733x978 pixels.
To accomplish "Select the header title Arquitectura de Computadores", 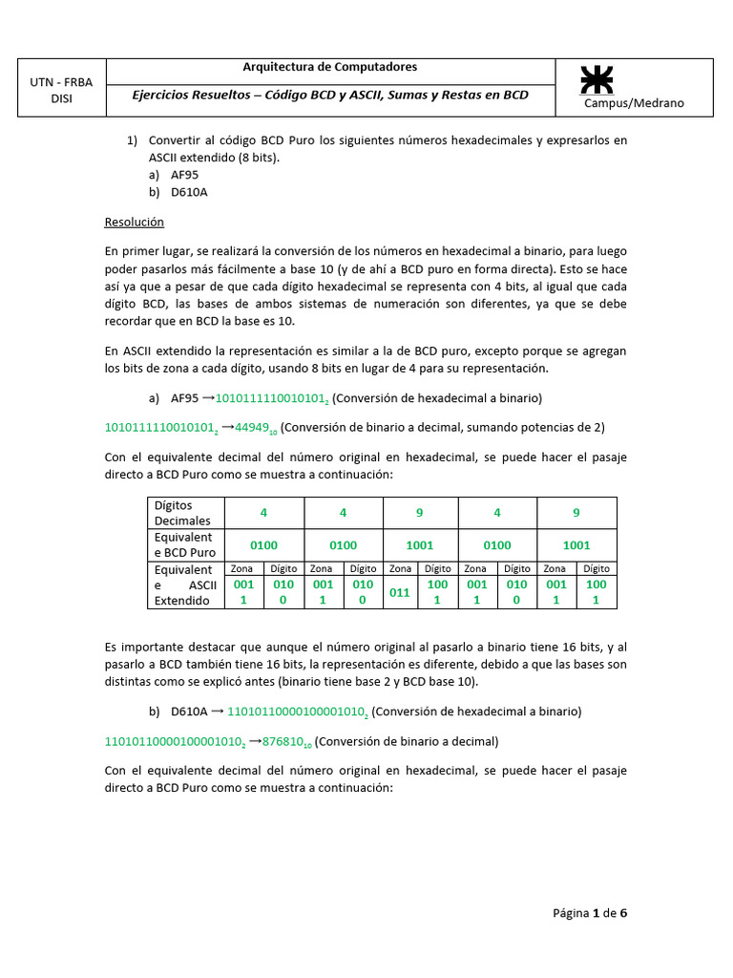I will (330, 67).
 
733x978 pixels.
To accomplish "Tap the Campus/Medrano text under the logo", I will (634, 103).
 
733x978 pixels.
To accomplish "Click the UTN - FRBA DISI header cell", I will (61, 90).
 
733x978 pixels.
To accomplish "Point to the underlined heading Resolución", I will (134, 222).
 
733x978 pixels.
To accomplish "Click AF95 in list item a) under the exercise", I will (185, 175).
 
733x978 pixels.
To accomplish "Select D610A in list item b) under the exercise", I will (189, 192).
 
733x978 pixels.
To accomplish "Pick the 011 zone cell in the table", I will (399, 592).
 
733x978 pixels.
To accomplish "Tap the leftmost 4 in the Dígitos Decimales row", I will (263, 513).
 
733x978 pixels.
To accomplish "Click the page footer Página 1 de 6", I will (590, 912).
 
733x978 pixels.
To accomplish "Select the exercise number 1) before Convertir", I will (133, 140).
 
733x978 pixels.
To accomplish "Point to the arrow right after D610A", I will (217, 712).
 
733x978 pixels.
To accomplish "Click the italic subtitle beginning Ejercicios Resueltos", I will (330, 95).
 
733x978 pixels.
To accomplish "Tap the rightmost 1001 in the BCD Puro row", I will (576, 545).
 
